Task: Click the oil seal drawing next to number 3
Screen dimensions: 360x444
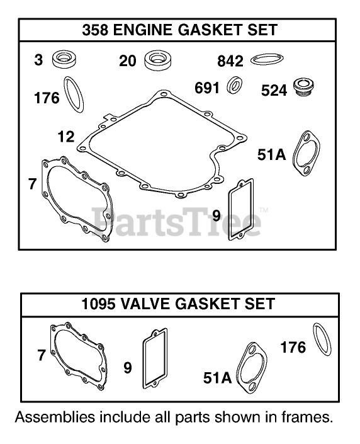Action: (x=65, y=59)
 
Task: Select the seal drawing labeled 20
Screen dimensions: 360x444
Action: (x=158, y=60)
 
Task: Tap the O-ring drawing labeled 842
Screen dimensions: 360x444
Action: (x=267, y=59)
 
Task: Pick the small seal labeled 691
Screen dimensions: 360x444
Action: (x=234, y=85)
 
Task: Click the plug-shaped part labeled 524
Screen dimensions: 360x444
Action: (x=303, y=87)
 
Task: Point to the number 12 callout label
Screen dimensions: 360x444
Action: (x=66, y=137)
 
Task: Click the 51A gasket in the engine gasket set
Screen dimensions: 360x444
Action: (x=307, y=153)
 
